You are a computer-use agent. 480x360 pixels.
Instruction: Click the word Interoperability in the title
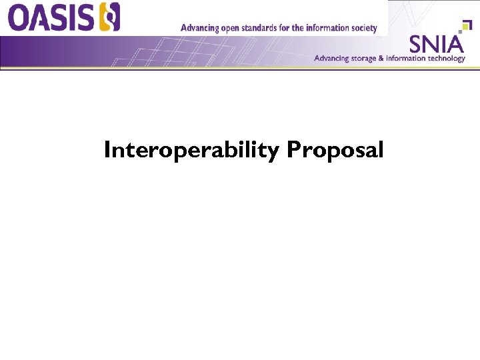(x=191, y=151)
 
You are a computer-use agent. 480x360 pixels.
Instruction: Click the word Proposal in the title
(x=335, y=151)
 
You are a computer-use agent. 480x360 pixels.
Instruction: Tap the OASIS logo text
(x=54, y=17)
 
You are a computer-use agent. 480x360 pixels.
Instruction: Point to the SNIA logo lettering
(x=436, y=44)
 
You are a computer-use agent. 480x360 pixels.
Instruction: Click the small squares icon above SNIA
(x=457, y=27)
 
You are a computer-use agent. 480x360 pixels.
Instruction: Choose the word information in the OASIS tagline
(x=328, y=28)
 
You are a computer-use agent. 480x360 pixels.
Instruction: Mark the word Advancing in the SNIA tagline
(x=331, y=58)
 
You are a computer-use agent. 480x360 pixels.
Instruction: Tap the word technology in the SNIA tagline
(x=447, y=59)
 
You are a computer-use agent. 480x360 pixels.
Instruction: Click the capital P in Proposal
(x=292, y=151)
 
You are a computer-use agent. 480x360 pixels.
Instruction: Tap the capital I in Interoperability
(x=107, y=151)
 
